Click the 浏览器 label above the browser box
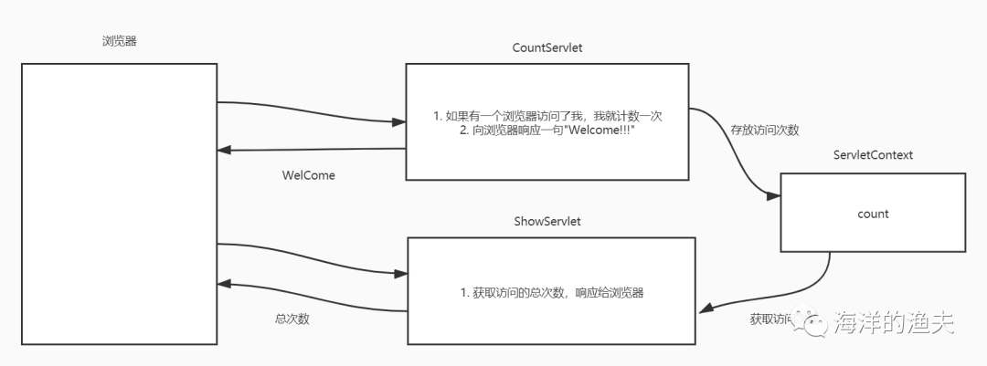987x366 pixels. (x=120, y=41)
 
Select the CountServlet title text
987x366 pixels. (x=547, y=48)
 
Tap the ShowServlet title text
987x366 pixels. (x=547, y=222)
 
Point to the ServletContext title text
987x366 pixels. (x=873, y=155)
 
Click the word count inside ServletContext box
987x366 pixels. (x=873, y=214)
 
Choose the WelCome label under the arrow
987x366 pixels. (x=308, y=175)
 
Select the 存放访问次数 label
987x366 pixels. (x=764, y=131)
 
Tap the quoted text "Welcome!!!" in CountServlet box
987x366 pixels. (x=604, y=131)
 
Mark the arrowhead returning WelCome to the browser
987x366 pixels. (x=226, y=152)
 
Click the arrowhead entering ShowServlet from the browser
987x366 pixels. (x=398, y=273)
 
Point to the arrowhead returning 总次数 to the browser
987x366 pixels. (x=226, y=285)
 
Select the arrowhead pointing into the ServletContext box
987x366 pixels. (x=773, y=195)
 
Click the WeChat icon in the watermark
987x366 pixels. (x=810, y=321)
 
